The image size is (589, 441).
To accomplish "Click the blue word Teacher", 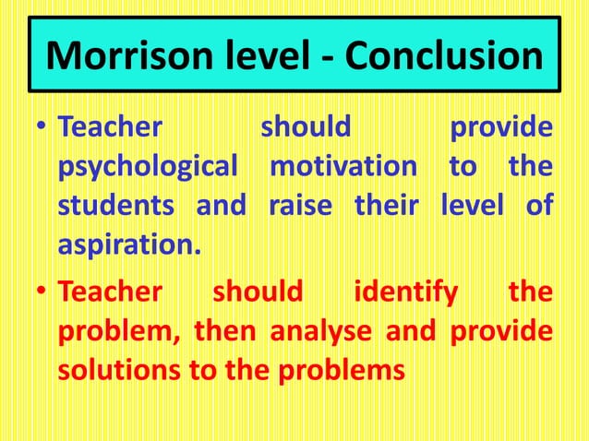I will tap(110, 126).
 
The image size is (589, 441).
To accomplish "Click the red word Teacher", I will tap(110, 292).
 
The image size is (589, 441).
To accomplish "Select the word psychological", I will tap(152, 167).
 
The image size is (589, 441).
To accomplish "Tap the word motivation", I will tap(343, 166).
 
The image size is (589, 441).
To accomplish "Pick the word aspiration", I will tap(128, 244).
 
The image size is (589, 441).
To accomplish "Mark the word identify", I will tap(406, 292).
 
